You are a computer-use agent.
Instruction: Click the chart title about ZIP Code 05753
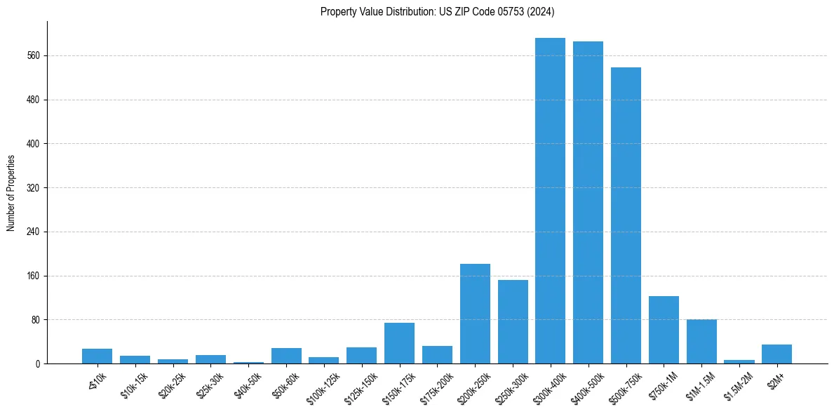438,11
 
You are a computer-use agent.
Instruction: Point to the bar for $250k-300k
513,322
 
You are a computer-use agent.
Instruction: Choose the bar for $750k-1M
664,330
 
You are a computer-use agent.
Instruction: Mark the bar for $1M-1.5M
701,342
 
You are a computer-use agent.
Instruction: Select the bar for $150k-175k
399,343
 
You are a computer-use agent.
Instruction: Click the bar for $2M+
776,354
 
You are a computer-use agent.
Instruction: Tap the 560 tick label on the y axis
33,56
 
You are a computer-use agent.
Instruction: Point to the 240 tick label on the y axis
33,232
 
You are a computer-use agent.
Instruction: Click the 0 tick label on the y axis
38,364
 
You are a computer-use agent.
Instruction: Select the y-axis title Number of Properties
11,193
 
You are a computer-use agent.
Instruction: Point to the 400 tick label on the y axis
33,144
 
